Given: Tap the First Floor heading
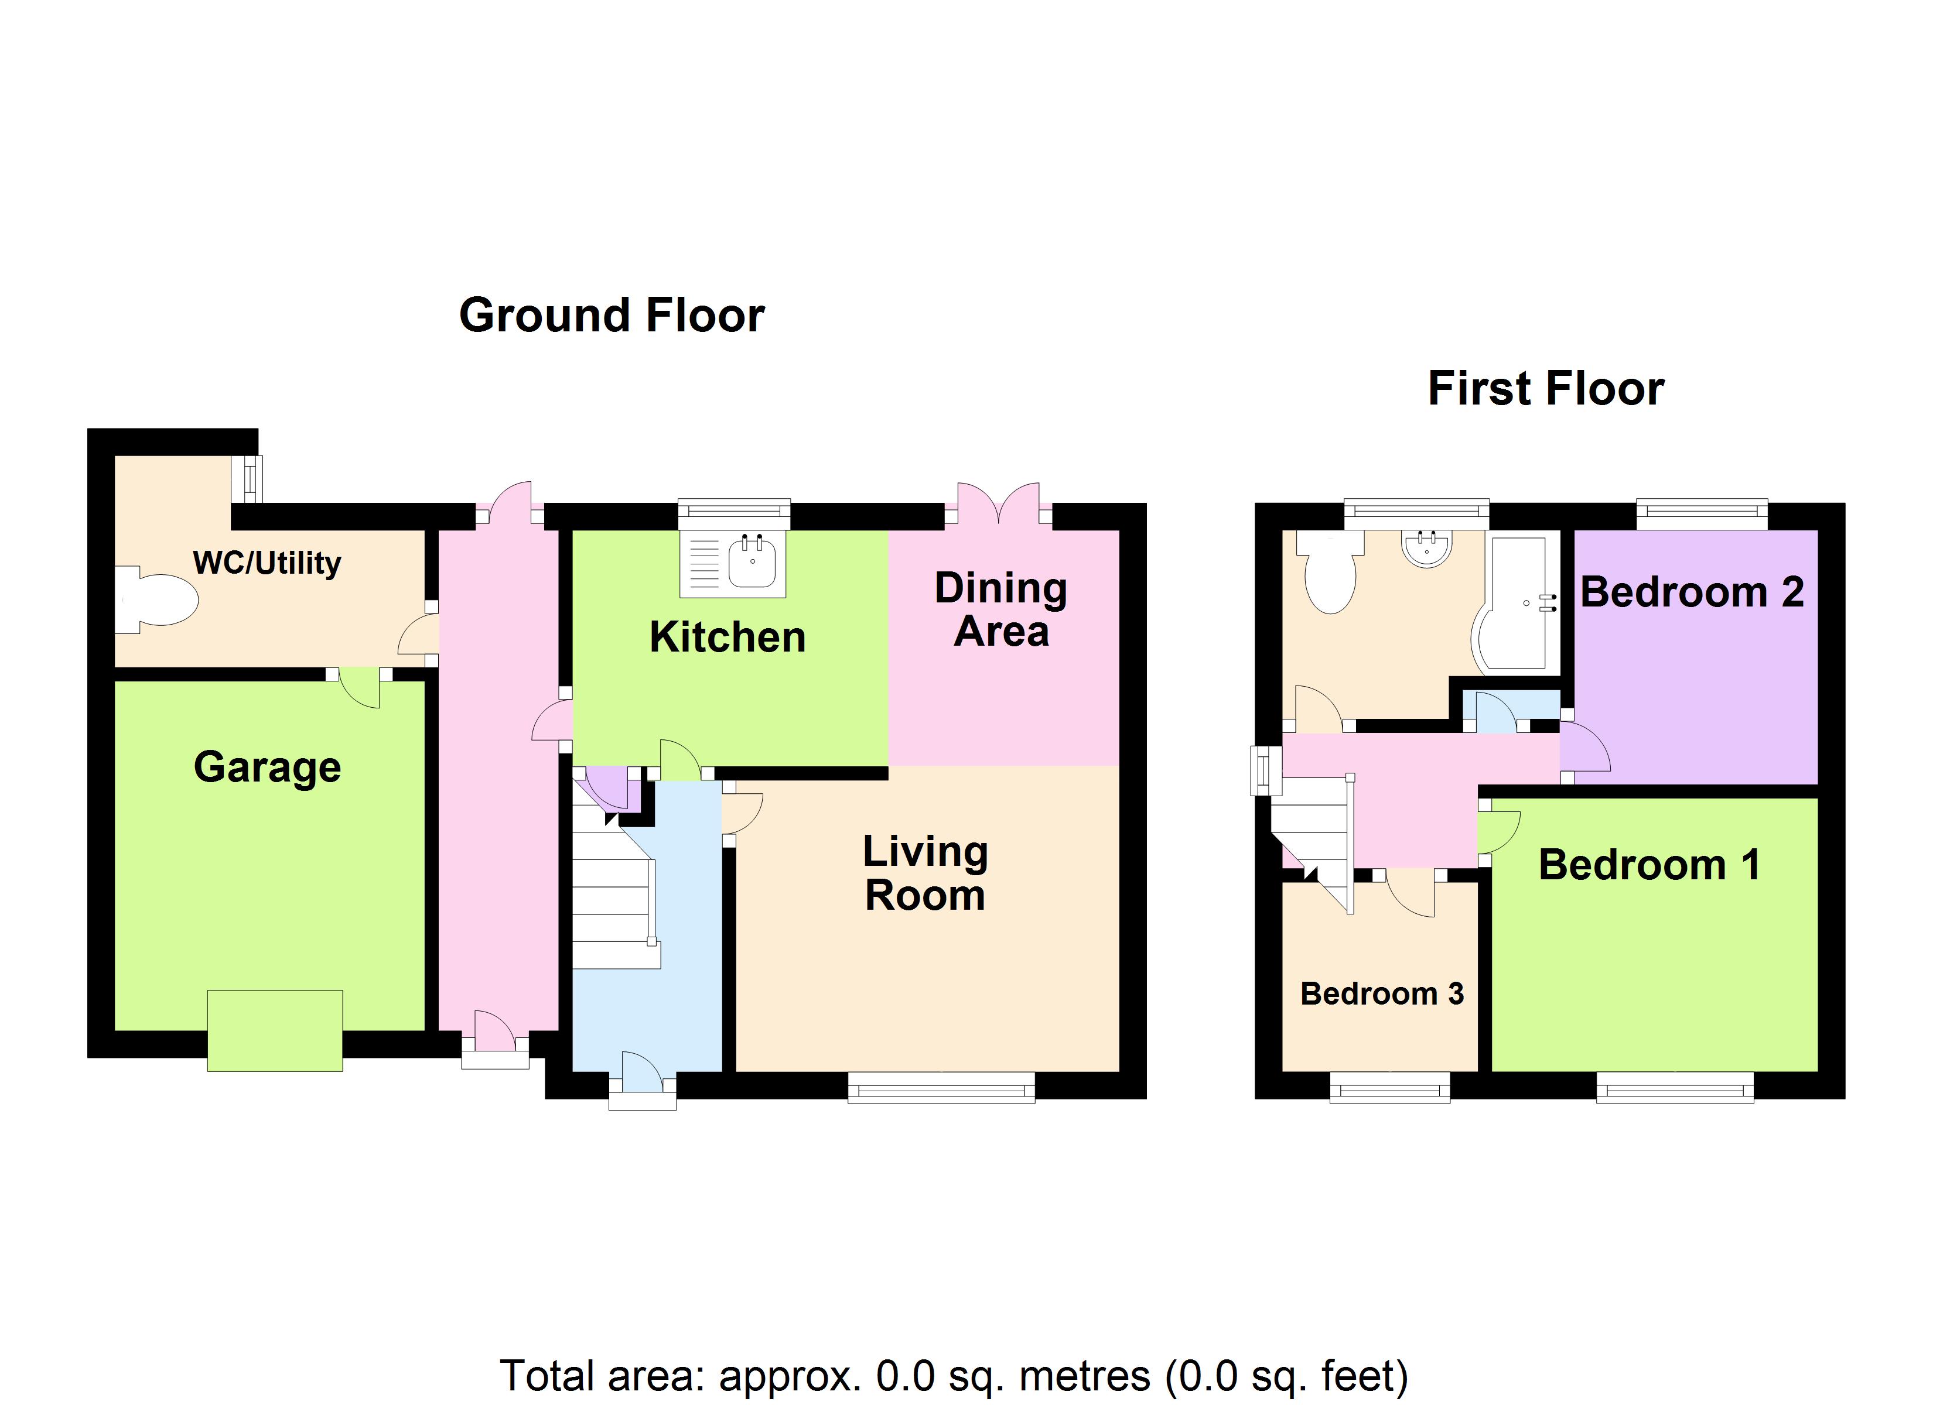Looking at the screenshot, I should coord(1545,389).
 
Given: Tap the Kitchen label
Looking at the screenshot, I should coord(727,638).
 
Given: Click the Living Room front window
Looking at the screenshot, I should coord(941,1088).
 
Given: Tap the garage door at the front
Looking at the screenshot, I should coord(275,1030).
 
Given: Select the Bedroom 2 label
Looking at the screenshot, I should coord(1692,592).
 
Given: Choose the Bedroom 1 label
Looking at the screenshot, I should coord(1649,865).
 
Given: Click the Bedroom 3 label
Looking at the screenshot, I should coord(1382,993).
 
